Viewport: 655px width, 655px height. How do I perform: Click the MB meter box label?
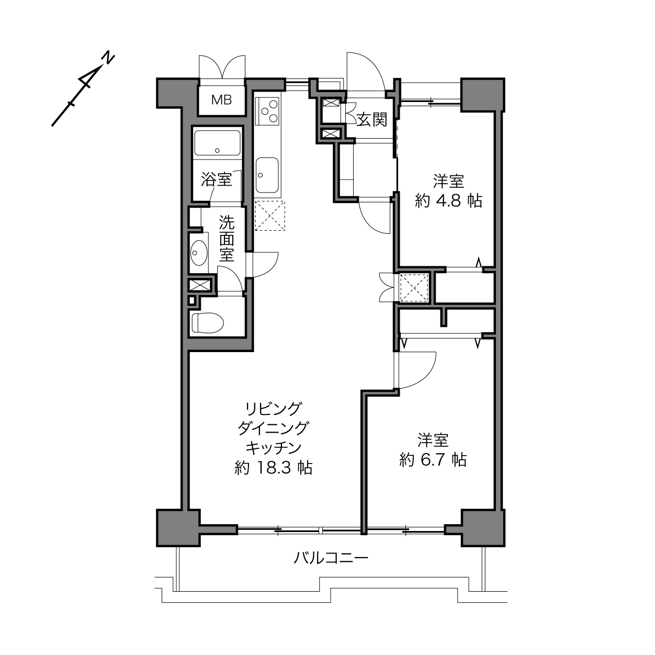point(221,100)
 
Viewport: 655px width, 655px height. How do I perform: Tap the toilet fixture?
point(207,322)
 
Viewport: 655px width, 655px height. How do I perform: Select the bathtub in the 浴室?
point(217,143)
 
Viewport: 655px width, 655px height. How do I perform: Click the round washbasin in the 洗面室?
point(199,253)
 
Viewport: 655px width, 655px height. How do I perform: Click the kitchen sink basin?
point(267,175)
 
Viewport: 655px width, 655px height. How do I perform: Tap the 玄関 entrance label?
point(372,120)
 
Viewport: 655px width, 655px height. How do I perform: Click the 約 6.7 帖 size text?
point(433,460)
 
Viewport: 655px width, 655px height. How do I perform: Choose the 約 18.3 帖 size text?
point(274,468)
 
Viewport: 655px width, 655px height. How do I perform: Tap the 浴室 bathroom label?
point(217,179)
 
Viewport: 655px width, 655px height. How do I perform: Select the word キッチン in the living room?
point(274,448)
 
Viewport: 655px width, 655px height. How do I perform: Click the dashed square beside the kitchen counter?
point(270,216)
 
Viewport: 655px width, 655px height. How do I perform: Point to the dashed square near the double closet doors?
point(414,288)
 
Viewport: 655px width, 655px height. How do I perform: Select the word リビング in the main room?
point(274,408)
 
